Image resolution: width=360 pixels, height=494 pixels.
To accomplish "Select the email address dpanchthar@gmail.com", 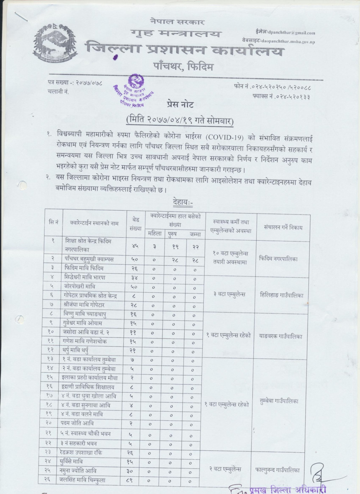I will [x=291, y=33].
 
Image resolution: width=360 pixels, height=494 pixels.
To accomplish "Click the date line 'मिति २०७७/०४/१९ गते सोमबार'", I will [x=180, y=121].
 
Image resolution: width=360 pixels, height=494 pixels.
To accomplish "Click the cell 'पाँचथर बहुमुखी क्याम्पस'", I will [x=89, y=259].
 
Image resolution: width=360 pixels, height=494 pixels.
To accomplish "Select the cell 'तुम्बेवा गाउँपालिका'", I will [x=278, y=401].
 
